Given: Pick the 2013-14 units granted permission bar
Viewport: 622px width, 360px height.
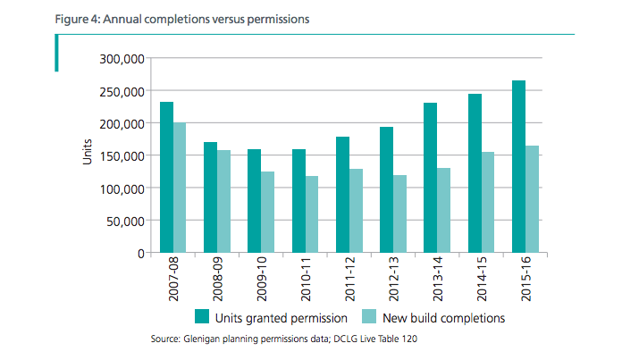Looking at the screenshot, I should [x=430, y=178].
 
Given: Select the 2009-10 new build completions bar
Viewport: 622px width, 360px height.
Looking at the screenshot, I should [x=267, y=212].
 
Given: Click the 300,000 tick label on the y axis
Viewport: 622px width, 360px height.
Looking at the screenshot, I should [x=121, y=59].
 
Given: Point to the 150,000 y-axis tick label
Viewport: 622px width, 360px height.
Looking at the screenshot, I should [x=121, y=156].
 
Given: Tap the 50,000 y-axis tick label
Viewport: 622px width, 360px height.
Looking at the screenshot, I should [x=124, y=221].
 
